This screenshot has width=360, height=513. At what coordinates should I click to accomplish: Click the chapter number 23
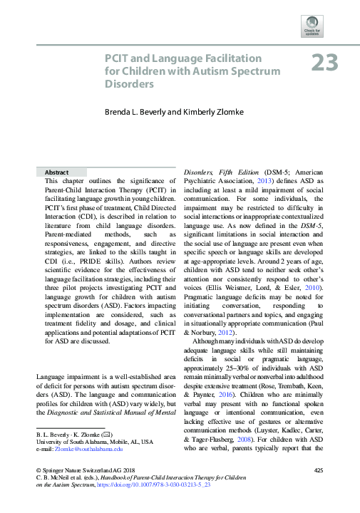click(324, 63)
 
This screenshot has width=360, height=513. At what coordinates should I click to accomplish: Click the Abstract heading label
click(56, 172)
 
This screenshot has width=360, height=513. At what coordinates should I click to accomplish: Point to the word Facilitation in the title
click(228, 57)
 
